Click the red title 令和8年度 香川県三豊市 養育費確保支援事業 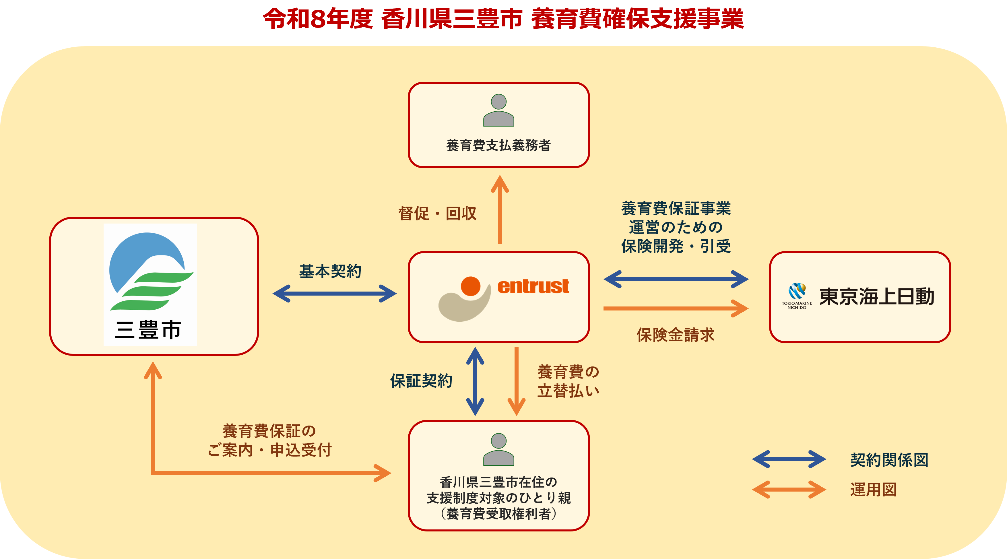tap(503, 19)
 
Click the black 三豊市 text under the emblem tap(149, 329)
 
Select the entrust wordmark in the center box tap(533, 287)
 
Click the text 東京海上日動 tap(877, 297)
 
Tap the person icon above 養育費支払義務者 tap(498, 110)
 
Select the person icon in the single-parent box tap(498, 450)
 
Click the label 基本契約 tap(330, 271)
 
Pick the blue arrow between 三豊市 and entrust tap(335, 294)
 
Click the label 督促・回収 tap(437, 213)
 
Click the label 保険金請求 tap(676, 335)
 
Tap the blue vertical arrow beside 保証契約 tap(475, 381)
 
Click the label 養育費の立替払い tap(568, 381)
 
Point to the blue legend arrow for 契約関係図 tap(789, 459)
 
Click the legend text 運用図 tap(873, 490)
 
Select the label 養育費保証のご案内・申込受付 tap(269, 440)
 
